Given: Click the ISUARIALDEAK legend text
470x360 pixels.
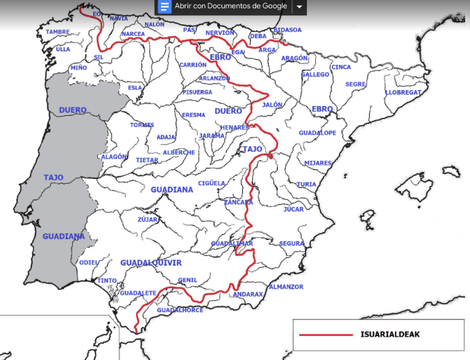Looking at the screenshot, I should pyautogui.click(x=389, y=334).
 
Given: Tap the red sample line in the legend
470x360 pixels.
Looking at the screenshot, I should pyautogui.click(x=326, y=335).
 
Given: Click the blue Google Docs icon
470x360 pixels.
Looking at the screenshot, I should pyautogui.click(x=165, y=6).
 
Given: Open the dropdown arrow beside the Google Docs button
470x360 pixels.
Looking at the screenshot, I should pyautogui.click(x=299, y=6).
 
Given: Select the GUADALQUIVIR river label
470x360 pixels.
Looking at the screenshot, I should pyautogui.click(x=151, y=263).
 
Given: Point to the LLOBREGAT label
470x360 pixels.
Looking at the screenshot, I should pyautogui.click(x=403, y=92).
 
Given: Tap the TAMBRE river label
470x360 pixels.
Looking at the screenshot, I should pyautogui.click(x=58, y=32).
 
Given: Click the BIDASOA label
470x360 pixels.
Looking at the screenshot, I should pyautogui.click(x=287, y=30).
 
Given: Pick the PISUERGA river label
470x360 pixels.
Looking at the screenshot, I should pyautogui.click(x=198, y=92).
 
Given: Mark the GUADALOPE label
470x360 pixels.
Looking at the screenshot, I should pyautogui.click(x=317, y=132).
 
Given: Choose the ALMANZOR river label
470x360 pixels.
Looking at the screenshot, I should pyautogui.click(x=285, y=286).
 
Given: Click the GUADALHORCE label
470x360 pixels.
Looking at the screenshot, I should pyautogui.click(x=181, y=310).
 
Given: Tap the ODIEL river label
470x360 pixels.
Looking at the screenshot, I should pyautogui.click(x=89, y=263).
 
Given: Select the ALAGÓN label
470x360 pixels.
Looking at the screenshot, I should pyautogui.click(x=115, y=157).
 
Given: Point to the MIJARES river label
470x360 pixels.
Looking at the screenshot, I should pyautogui.click(x=318, y=163).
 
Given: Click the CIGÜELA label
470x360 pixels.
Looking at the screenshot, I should pyautogui.click(x=212, y=183).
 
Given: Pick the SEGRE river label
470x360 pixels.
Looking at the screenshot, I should pyautogui.click(x=355, y=84).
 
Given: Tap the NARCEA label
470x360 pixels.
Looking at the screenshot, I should pyautogui.click(x=133, y=34).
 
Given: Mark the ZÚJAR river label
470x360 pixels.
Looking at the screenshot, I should pyautogui.click(x=148, y=219).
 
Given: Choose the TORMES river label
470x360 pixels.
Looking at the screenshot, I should pyautogui.click(x=142, y=125).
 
